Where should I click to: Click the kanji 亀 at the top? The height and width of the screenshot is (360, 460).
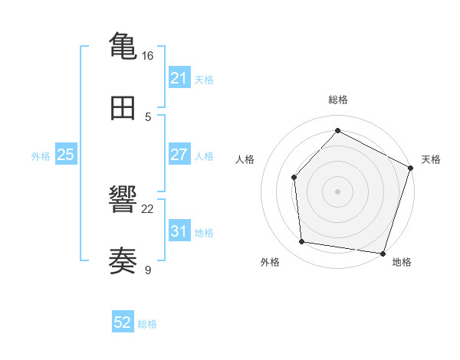click(x=123, y=45)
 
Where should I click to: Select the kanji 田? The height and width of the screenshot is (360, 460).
click(x=123, y=109)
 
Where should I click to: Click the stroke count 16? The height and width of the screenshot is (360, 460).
click(x=147, y=56)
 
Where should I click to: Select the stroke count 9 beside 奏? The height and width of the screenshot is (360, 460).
click(x=148, y=270)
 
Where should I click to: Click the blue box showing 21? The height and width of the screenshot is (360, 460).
click(x=179, y=78)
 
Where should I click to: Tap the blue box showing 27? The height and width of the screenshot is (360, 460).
click(x=179, y=155)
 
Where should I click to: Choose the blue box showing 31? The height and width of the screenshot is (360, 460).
click(x=179, y=231)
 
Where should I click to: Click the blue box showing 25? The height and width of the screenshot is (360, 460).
click(x=65, y=155)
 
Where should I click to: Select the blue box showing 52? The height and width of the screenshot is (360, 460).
click(x=122, y=323)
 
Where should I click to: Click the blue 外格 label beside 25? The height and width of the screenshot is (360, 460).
click(x=41, y=155)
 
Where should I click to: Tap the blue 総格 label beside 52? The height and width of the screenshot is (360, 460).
click(x=147, y=324)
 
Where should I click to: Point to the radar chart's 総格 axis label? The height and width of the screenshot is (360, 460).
click(x=338, y=100)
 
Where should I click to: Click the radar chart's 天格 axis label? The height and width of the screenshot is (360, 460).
click(x=431, y=159)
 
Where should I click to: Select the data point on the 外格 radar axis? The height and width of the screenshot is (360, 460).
click(x=302, y=242)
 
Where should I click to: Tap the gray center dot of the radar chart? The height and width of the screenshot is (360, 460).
click(x=337, y=191)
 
